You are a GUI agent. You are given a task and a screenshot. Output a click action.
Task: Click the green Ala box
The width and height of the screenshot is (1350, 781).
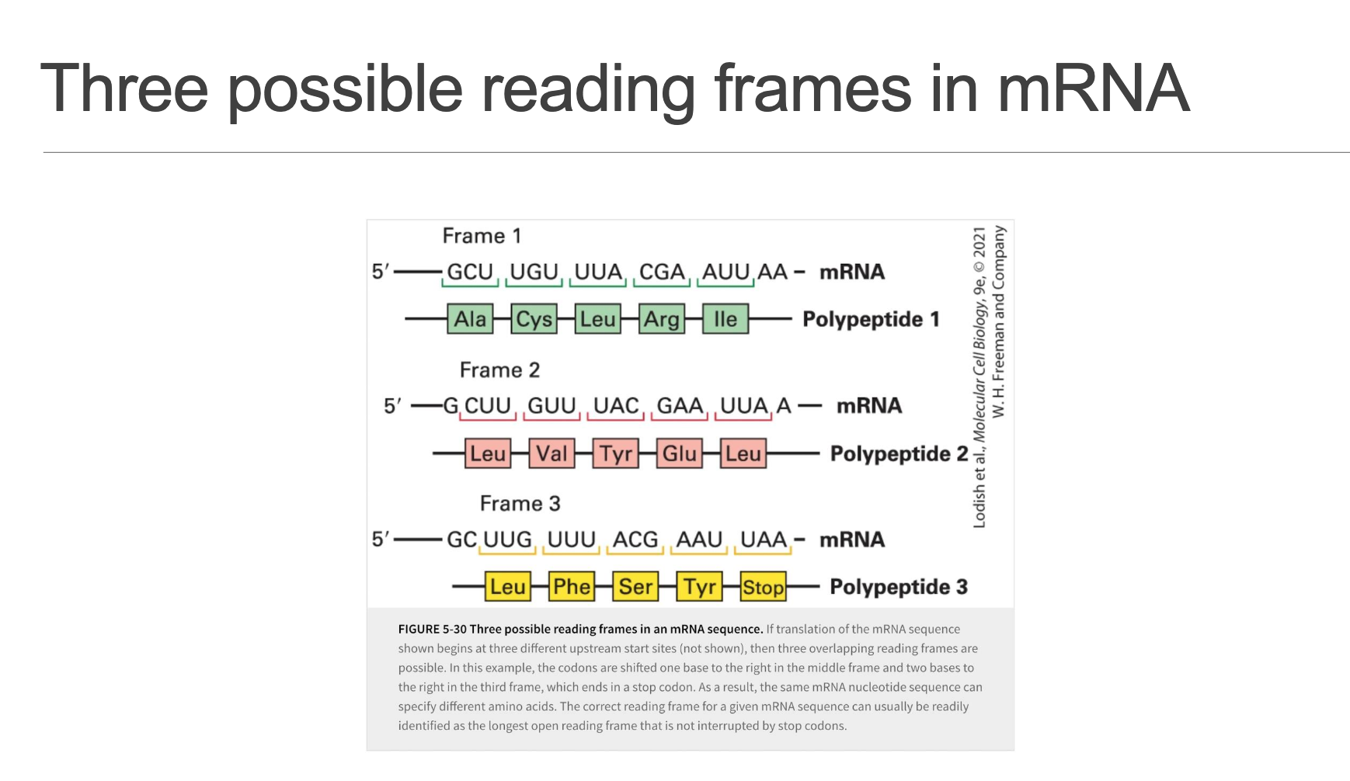470,319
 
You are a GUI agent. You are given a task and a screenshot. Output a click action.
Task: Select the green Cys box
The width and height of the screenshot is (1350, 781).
534,319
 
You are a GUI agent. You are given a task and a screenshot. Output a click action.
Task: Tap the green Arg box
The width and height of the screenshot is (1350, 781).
662,319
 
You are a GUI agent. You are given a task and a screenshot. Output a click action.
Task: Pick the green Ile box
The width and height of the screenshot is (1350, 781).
725,319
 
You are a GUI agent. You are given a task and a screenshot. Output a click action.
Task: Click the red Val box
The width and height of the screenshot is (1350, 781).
551,453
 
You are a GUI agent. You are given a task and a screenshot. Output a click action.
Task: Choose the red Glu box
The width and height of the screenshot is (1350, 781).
680,453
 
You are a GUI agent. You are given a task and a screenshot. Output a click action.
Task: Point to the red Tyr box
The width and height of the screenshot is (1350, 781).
616,453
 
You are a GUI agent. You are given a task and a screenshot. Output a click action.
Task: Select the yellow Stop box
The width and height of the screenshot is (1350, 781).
763,587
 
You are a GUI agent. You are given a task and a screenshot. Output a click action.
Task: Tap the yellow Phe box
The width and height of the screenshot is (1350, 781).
572,587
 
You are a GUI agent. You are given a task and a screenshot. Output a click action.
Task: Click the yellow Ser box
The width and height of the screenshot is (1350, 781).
635,587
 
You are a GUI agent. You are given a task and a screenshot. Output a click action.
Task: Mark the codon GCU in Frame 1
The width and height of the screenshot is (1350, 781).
470,272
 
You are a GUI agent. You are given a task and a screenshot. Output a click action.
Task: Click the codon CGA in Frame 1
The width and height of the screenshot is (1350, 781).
662,272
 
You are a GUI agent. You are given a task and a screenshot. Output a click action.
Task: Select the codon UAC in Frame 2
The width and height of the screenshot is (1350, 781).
616,406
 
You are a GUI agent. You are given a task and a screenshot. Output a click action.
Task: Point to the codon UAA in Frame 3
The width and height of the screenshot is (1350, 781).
764,540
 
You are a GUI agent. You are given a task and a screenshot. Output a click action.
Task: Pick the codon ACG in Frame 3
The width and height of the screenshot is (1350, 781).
635,540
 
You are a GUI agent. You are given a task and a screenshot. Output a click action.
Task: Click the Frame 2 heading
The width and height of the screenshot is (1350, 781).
499,370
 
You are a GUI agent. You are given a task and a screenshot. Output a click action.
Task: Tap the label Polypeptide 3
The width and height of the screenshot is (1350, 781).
899,587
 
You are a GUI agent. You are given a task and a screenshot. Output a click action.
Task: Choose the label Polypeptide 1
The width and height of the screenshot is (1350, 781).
871,319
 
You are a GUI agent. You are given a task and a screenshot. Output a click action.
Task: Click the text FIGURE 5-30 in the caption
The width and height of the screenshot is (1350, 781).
433,630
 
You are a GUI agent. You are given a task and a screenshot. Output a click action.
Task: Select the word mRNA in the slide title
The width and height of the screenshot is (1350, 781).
1093,89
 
